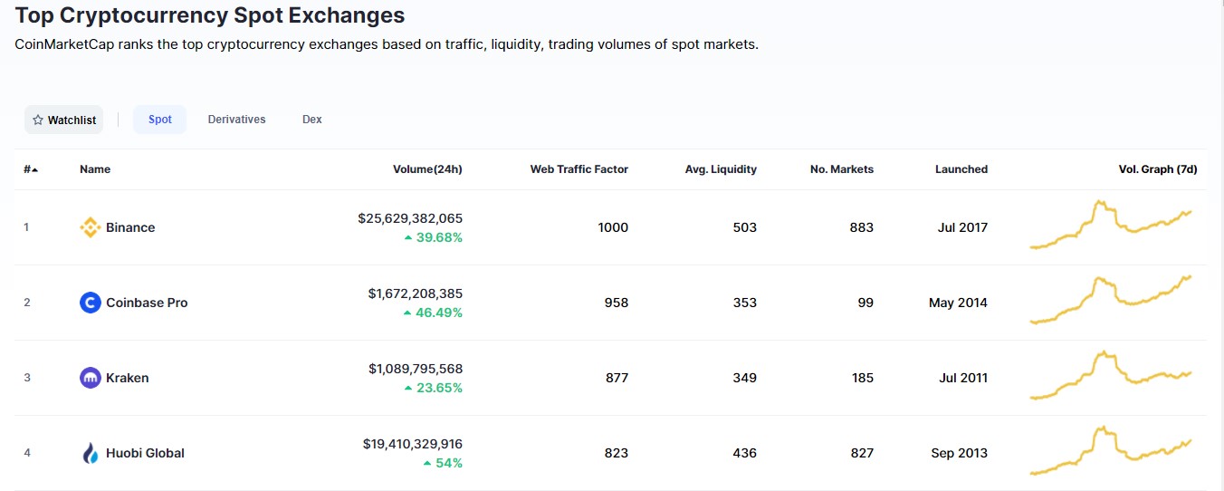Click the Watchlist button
pos(63,120)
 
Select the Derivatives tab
pos(236,120)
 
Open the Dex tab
pos(311,120)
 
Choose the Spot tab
pos(160,120)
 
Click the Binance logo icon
pos(90,227)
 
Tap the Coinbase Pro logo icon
pos(90,303)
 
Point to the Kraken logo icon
pos(90,378)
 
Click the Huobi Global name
pos(145,453)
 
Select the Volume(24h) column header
pos(427,169)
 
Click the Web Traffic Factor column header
pos(579,169)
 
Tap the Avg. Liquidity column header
pos(721,169)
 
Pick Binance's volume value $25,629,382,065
pos(410,218)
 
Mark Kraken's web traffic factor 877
pos(617,378)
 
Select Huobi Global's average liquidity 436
pos(744,453)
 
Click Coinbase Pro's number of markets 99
pos(865,303)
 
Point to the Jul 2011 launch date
pos(962,378)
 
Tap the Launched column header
pos(961,169)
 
